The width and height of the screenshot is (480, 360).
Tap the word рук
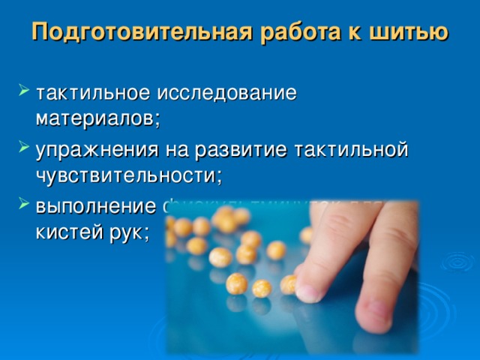(127, 232)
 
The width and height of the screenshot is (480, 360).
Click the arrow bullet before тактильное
(21, 94)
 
